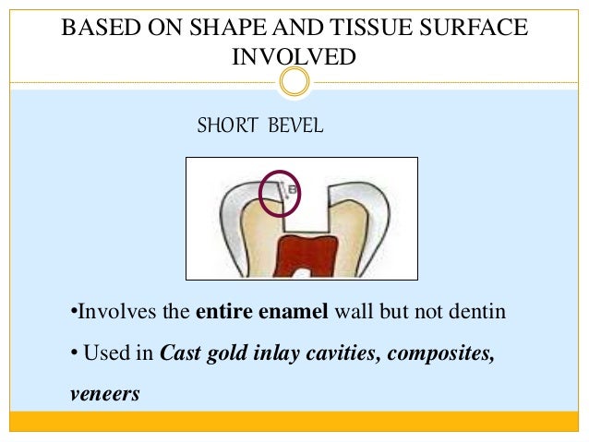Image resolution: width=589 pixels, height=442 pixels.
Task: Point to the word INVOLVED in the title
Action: point(294,56)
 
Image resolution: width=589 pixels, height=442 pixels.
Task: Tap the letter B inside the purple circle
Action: point(290,190)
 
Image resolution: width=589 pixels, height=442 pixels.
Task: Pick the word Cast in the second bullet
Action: point(181,352)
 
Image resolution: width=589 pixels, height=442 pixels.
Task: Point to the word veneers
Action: point(104,394)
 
